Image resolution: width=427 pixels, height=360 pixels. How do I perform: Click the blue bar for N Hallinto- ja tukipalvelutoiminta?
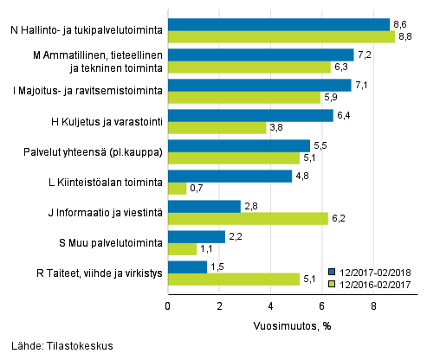click(278, 24)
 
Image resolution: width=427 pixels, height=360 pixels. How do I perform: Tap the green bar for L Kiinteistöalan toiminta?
click(177, 189)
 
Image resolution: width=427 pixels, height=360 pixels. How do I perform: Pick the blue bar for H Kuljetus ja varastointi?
click(250, 115)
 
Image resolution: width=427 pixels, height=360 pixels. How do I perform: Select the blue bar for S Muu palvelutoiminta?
click(196, 236)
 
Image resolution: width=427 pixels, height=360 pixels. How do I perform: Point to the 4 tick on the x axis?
click(271, 305)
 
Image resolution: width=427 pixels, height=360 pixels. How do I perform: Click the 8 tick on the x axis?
click(374, 305)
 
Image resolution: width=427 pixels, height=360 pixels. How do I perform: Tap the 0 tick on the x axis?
click(168, 305)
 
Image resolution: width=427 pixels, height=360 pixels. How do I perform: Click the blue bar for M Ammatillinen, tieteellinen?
click(260, 55)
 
